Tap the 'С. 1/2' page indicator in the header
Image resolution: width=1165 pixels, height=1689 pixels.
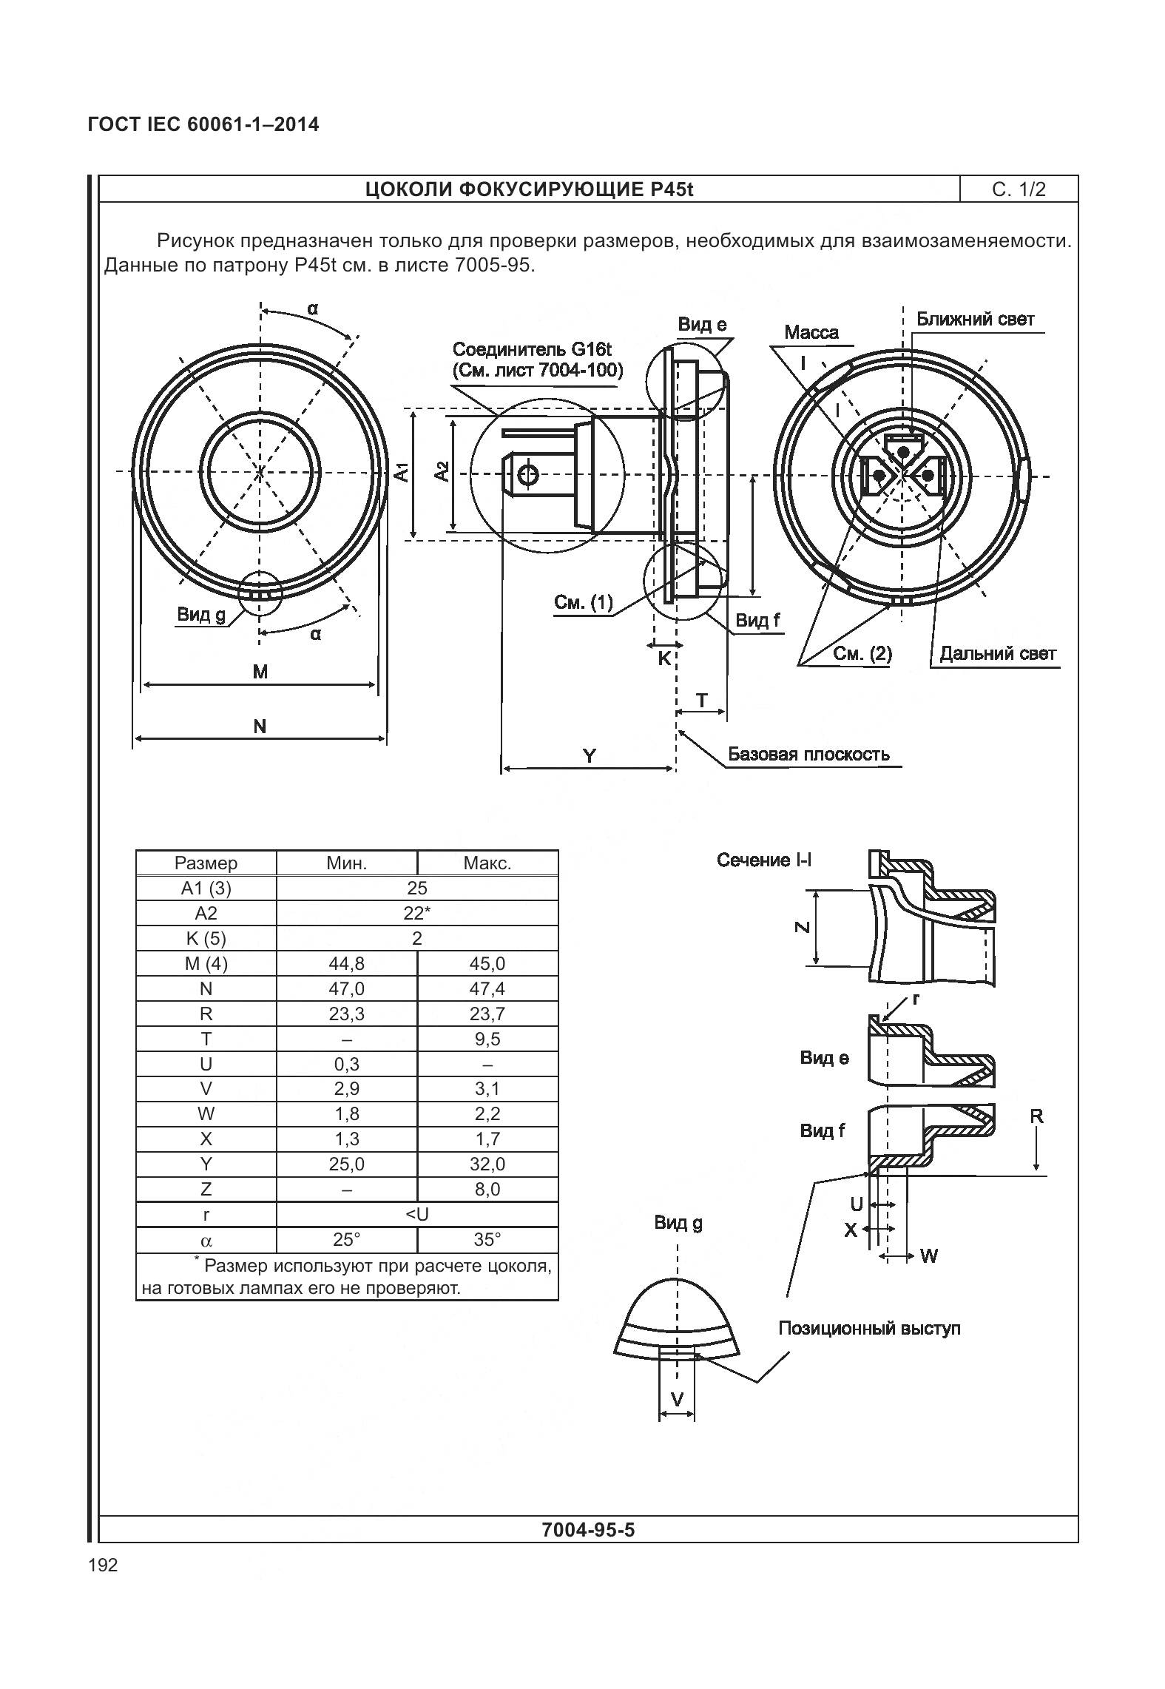pyautogui.click(x=1019, y=189)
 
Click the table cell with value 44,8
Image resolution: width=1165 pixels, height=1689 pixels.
pyautogui.click(x=346, y=963)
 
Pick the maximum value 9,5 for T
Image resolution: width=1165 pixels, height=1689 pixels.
pyautogui.click(x=487, y=1039)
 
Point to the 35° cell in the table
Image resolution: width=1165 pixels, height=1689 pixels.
pyautogui.click(x=487, y=1239)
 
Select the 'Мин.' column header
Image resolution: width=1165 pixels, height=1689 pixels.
pyautogui.click(x=346, y=863)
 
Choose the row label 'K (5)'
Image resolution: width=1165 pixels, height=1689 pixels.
pyautogui.click(x=206, y=938)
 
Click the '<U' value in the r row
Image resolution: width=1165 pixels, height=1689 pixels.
pyautogui.click(x=417, y=1214)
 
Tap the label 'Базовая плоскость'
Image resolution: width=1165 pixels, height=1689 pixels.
pyautogui.click(x=808, y=754)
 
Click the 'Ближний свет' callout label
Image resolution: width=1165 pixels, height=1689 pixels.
pyautogui.click(x=975, y=320)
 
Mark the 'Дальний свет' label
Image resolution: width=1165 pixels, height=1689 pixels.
pyautogui.click(x=998, y=653)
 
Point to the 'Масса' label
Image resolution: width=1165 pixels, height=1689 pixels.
pyautogui.click(x=811, y=332)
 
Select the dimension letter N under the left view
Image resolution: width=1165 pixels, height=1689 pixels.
pyautogui.click(x=260, y=726)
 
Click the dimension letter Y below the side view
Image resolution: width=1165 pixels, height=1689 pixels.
pyautogui.click(x=589, y=756)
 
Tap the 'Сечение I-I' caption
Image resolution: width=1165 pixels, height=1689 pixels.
pyautogui.click(x=763, y=860)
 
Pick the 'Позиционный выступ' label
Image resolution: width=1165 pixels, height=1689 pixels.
pyautogui.click(x=869, y=1328)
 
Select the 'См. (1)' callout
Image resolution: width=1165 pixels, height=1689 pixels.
pyautogui.click(x=584, y=603)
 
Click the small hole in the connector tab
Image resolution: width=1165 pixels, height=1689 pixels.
pyautogui.click(x=528, y=476)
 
